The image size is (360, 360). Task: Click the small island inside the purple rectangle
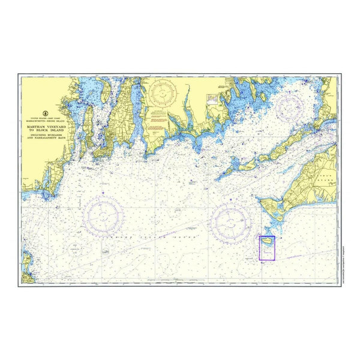[267, 242]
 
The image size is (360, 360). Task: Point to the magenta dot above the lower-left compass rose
[104, 192]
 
